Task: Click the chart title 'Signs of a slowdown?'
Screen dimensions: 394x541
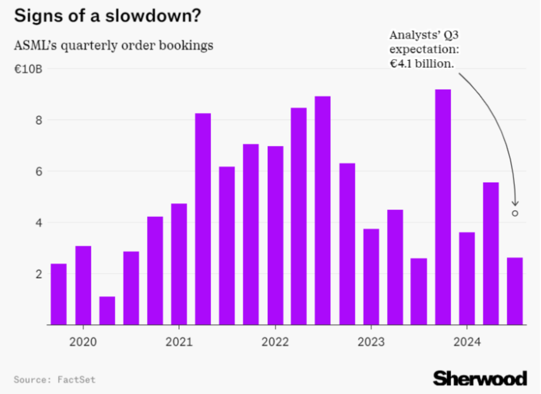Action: tap(107, 16)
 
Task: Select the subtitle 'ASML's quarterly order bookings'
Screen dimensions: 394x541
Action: tap(114, 46)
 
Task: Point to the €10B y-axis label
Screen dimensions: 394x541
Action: tap(28, 69)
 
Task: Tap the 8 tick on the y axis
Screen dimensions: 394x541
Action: tap(38, 120)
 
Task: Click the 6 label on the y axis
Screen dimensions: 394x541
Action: tap(38, 172)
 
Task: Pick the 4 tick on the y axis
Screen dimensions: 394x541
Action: tap(38, 223)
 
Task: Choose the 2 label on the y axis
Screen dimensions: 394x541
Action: tap(38, 274)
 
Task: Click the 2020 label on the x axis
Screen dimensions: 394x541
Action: tap(83, 342)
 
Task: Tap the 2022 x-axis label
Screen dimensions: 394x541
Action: tap(275, 342)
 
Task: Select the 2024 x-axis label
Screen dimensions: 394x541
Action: tap(467, 342)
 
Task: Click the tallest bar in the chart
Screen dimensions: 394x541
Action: tap(443, 207)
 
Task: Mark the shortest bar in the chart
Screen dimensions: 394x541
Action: tap(107, 311)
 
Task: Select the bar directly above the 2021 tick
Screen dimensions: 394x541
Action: tap(179, 264)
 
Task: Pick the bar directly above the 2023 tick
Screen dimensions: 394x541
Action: tap(371, 277)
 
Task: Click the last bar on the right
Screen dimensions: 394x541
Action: tap(514, 291)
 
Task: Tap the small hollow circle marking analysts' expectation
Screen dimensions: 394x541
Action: tap(515, 213)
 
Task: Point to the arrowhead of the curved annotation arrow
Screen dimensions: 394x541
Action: tap(515, 204)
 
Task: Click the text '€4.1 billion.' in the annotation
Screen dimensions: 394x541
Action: tap(422, 64)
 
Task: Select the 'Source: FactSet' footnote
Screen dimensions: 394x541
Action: tap(55, 380)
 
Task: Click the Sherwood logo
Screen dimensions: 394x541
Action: tap(480, 378)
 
